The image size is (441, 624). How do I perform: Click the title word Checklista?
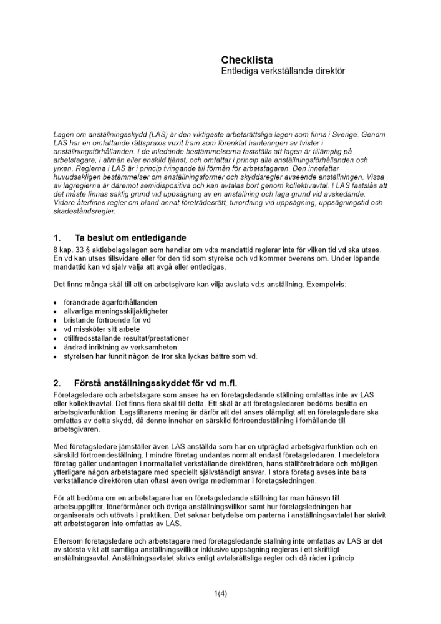[x=247, y=60]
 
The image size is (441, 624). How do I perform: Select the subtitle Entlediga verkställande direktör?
[x=283, y=72]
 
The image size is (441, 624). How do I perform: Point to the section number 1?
[x=57, y=238]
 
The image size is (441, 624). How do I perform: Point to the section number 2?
[x=57, y=383]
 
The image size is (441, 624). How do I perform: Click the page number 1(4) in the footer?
[x=220, y=593]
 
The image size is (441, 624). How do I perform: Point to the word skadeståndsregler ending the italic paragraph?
[x=80, y=211]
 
